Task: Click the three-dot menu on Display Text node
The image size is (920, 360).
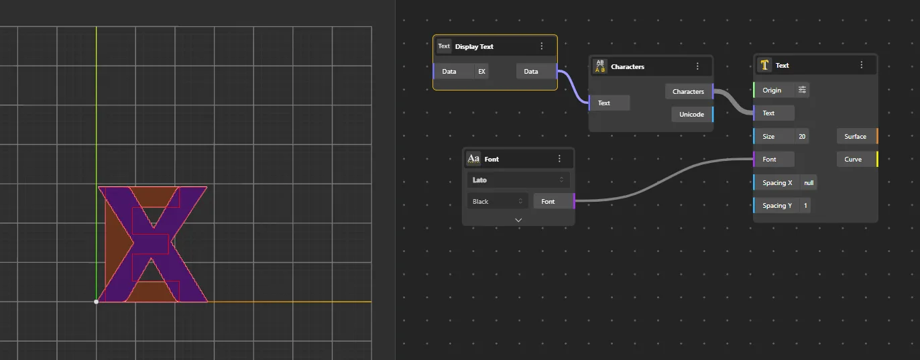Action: point(541,46)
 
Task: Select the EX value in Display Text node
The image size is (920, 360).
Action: point(481,72)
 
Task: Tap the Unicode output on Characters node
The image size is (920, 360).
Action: point(692,115)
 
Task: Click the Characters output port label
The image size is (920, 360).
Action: point(689,92)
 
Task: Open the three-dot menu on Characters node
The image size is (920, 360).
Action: point(697,66)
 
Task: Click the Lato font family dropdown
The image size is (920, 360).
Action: point(518,180)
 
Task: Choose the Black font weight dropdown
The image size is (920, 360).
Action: point(498,202)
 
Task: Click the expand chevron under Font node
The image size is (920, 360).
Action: point(518,220)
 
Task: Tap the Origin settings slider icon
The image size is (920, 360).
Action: point(802,90)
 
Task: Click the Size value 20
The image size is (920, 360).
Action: point(802,137)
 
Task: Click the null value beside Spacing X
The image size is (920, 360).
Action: point(809,182)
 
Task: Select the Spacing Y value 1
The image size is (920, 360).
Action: point(805,205)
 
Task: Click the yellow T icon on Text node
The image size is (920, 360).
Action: point(764,65)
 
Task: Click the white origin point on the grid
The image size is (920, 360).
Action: point(96,302)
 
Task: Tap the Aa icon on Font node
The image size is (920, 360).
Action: point(473,159)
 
